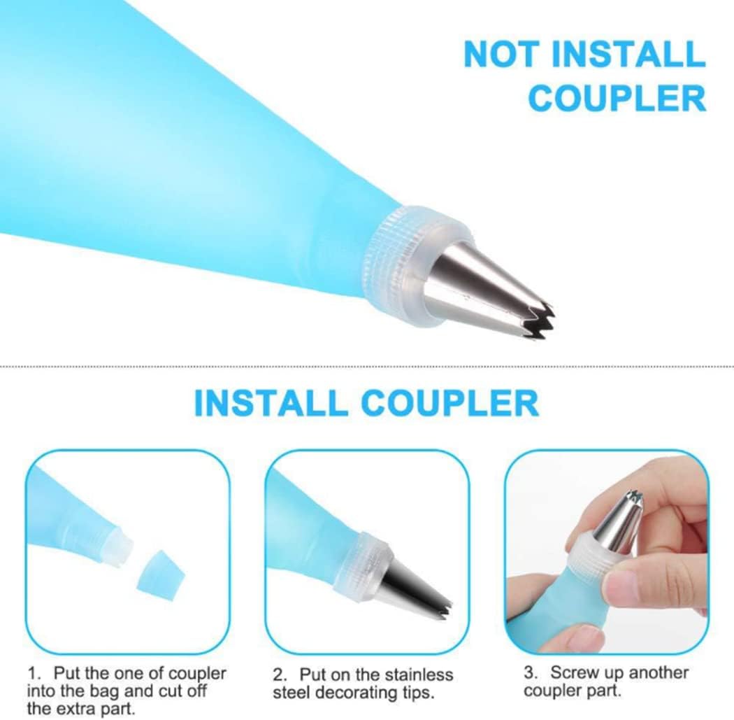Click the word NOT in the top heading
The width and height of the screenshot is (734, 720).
502,55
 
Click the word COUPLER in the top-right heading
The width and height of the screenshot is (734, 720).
617,98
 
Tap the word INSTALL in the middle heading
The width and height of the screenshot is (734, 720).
270,402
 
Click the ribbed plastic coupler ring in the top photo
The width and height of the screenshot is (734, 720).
417,264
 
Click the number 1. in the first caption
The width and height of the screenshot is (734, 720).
35,673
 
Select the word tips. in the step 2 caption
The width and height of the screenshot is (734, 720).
417,693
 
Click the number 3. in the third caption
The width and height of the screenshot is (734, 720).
531,672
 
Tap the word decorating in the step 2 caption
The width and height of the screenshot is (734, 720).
359,693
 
